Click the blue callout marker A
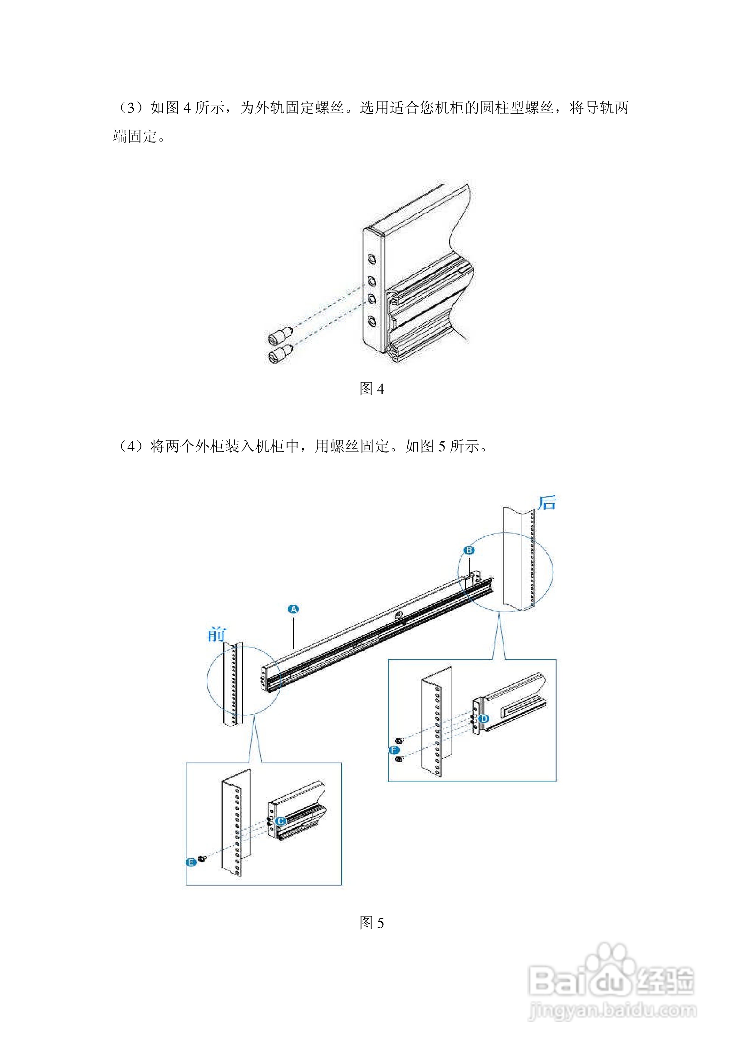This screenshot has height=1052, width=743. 293,609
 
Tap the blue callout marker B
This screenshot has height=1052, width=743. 469,550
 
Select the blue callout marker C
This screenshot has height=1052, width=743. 281,821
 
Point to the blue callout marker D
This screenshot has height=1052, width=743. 484,718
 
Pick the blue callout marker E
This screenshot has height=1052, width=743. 191,862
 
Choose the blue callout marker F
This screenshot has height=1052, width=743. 393,750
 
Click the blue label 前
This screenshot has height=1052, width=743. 216,635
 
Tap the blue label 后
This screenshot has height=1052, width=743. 547,503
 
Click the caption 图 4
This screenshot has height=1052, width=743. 371,389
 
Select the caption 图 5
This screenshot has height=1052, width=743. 371,923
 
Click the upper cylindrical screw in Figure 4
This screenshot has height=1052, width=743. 279,336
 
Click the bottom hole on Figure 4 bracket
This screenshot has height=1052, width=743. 372,321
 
